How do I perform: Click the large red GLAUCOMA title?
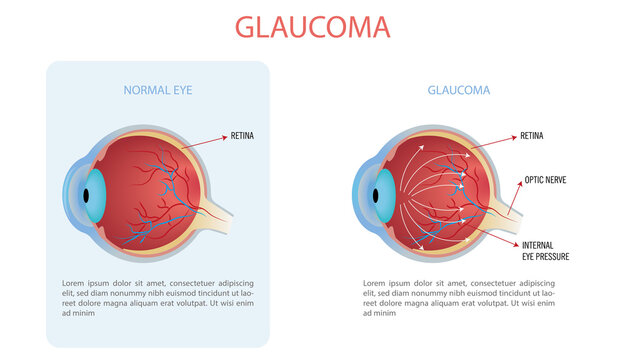click(313, 27)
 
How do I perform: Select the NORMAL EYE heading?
click(158, 90)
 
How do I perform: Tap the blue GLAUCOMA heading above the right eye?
click(459, 90)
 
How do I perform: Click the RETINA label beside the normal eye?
click(243, 135)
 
